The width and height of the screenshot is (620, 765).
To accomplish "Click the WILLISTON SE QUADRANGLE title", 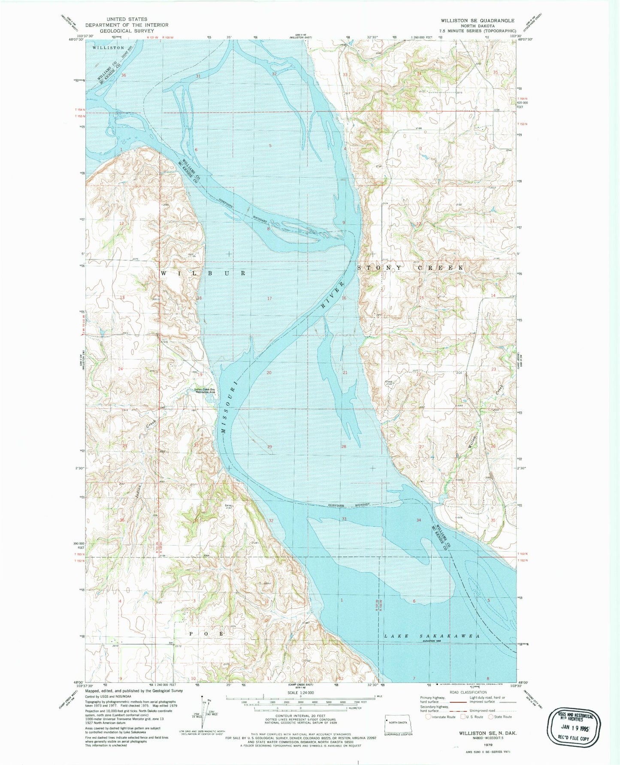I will [477, 20].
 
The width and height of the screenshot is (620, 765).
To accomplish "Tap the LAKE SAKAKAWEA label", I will [431, 636].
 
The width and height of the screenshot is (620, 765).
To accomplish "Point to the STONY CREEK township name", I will [411, 267].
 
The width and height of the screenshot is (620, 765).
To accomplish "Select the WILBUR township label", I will [203, 273].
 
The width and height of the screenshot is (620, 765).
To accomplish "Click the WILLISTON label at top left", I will [108, 48].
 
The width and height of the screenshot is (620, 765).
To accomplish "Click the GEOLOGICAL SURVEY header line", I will [127, 30].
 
